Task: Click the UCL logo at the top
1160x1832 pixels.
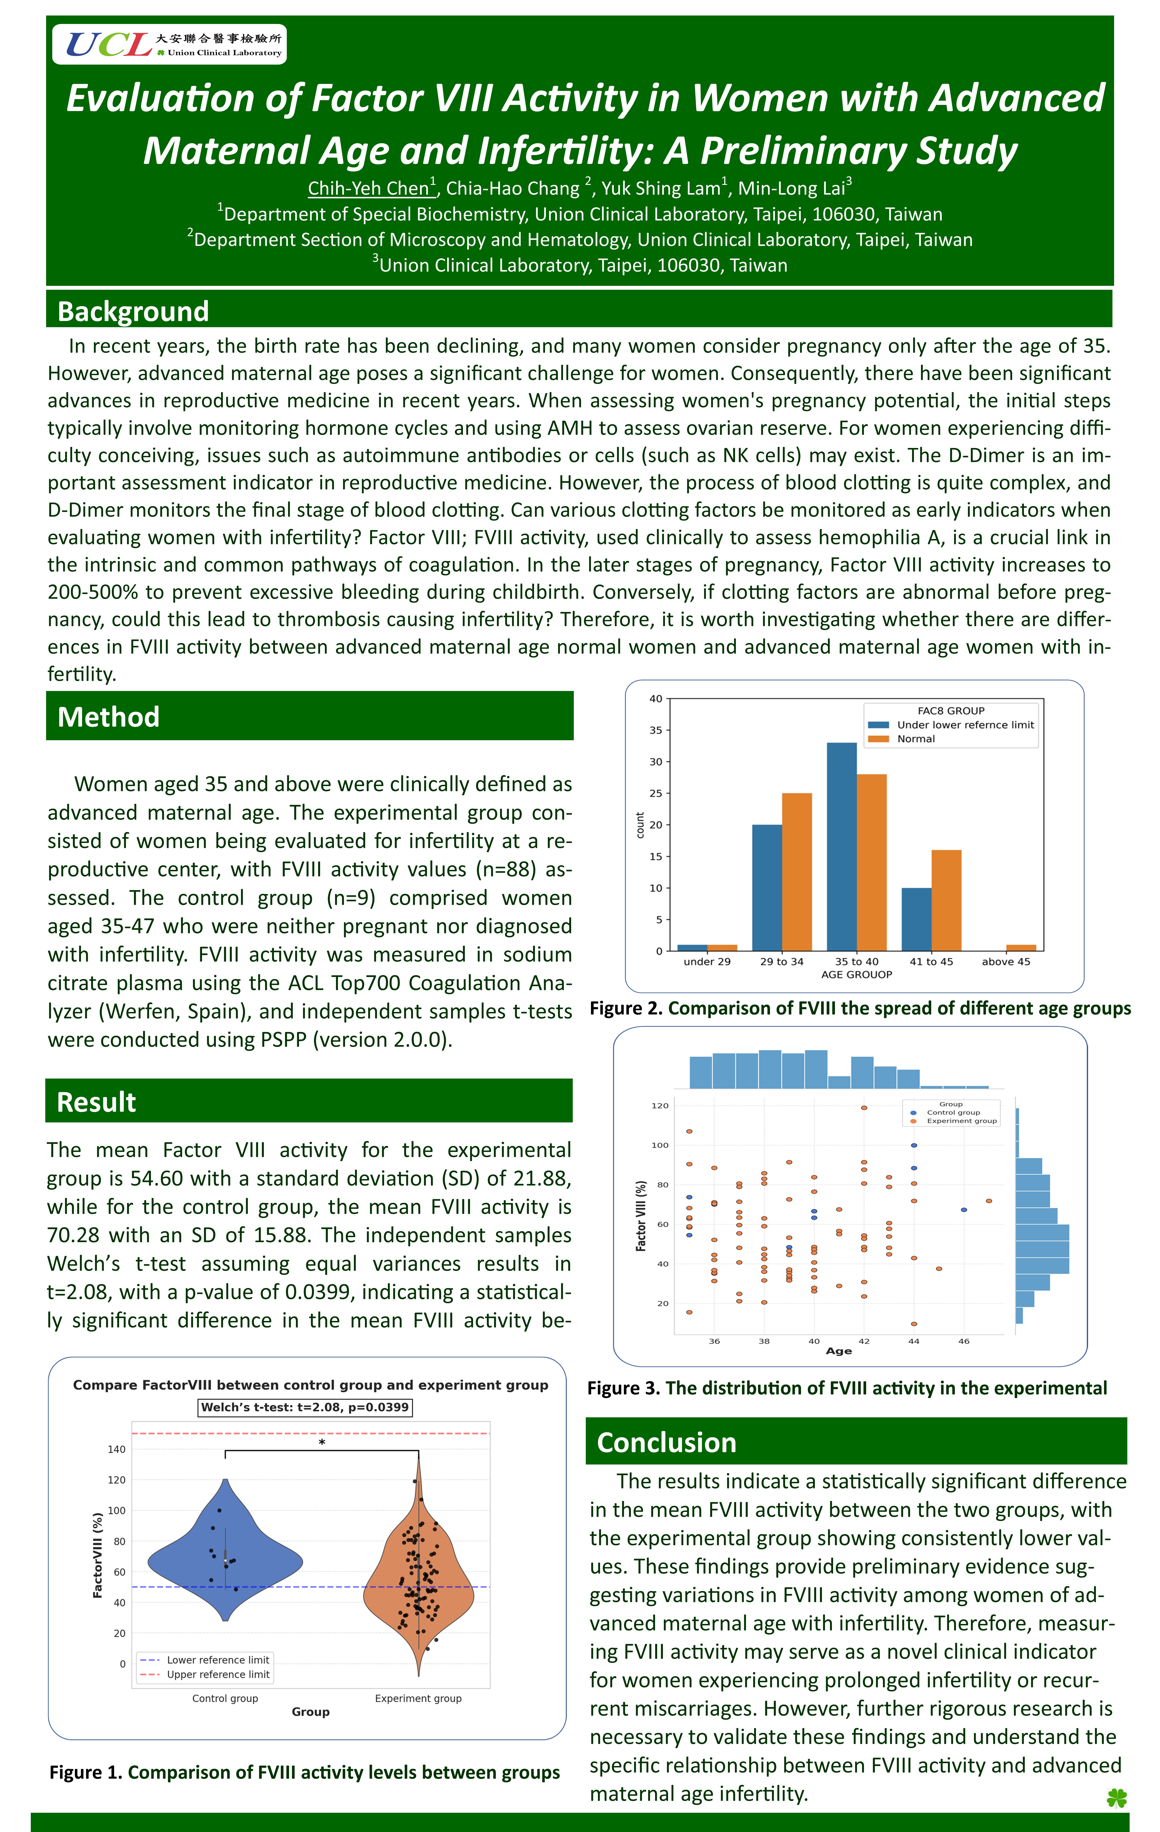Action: coord(169,44)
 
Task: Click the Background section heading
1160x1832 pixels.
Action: coord(133,311)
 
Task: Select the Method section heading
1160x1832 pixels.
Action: coord(109,717)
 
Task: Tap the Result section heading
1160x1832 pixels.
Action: coord(97,1102)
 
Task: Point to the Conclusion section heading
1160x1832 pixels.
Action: coord(666,1443)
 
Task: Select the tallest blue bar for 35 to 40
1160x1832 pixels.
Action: coord(841,847)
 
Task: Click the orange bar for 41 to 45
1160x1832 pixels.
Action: coord(946,900)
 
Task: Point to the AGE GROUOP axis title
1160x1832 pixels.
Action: coord(856,975)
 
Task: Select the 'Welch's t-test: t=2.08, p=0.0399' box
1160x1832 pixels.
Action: coord(305,1407)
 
